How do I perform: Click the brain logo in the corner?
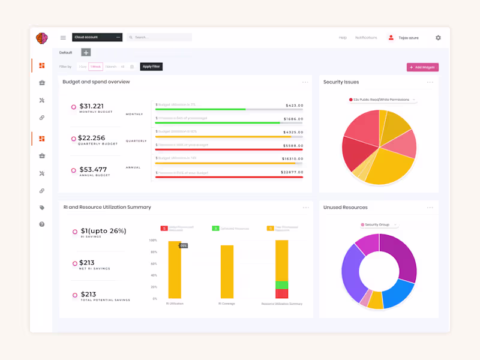[41, 38]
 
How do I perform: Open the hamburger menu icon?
[63, 38]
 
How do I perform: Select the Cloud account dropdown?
[97, 37]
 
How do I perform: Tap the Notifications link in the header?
[366, 38]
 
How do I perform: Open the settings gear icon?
[438, 38]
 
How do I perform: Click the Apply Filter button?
[151, 67]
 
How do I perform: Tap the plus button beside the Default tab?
[86, 53]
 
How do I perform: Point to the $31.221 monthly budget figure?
[92, 106]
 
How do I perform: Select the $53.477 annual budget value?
[93, 170]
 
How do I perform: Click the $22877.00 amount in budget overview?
[292, 172]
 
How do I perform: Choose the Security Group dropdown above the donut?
[378, 224]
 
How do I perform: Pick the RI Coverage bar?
[227, 271]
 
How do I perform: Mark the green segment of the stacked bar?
[281, 285]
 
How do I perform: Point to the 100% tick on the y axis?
[153, 241]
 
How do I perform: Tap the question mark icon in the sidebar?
[42, 224]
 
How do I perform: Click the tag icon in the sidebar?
[42, 208]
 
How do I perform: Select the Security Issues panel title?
[341, 82]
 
